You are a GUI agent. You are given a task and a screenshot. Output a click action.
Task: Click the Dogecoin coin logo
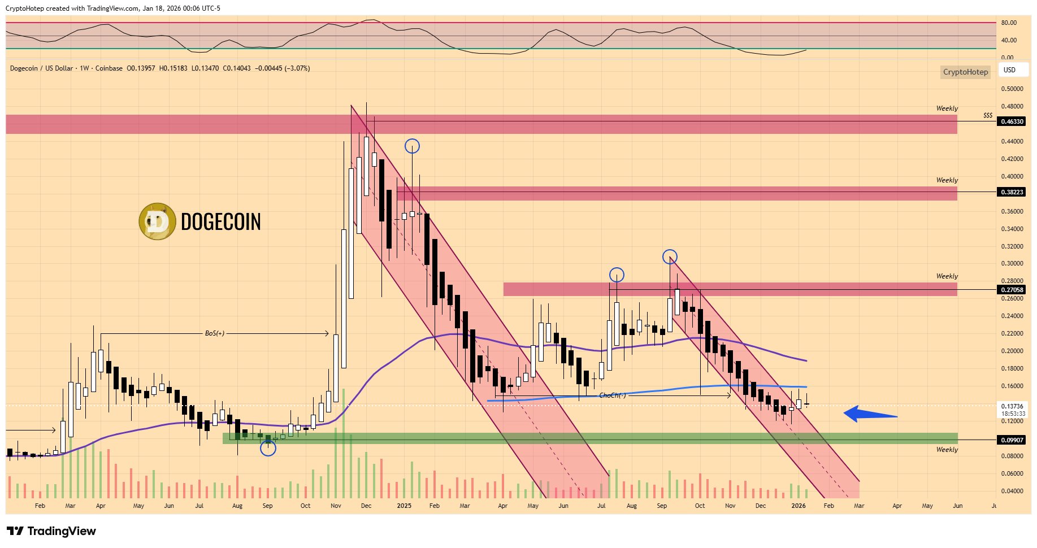point(157,221)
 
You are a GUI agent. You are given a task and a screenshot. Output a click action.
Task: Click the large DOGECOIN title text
point(221,222)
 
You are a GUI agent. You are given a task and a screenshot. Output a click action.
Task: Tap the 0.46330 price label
point(1012,121)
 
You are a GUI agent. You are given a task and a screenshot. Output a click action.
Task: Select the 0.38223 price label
point(1012,192)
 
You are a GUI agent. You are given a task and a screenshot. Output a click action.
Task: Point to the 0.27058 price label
point(1012,290)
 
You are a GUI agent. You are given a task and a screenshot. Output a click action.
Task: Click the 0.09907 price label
point(1012,440)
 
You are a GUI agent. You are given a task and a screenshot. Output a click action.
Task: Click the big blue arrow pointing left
point(870,414)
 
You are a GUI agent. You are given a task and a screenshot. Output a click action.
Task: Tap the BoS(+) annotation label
point(215,333)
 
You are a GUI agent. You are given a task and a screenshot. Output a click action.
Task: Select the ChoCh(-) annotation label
point(613,395)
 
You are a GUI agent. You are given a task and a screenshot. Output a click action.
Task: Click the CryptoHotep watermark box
point(965,72)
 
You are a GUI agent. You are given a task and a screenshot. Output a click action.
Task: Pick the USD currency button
point(1009,70)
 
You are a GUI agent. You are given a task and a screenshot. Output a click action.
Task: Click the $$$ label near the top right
point(988,115)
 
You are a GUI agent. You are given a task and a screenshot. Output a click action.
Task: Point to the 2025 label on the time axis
point(404,506)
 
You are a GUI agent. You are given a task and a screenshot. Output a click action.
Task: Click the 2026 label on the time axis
point(799,506)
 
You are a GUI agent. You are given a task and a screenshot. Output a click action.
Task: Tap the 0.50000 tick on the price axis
point(1012,89)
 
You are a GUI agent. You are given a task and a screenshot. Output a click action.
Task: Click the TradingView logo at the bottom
point(51,531)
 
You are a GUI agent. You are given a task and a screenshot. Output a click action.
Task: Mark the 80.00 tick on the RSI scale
point(1009,23)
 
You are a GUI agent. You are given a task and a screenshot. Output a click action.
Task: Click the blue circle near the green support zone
point(268,449)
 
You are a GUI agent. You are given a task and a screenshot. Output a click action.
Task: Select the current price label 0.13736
point(1012,406)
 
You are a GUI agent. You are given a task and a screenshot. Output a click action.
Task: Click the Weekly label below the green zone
point(947,450)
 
